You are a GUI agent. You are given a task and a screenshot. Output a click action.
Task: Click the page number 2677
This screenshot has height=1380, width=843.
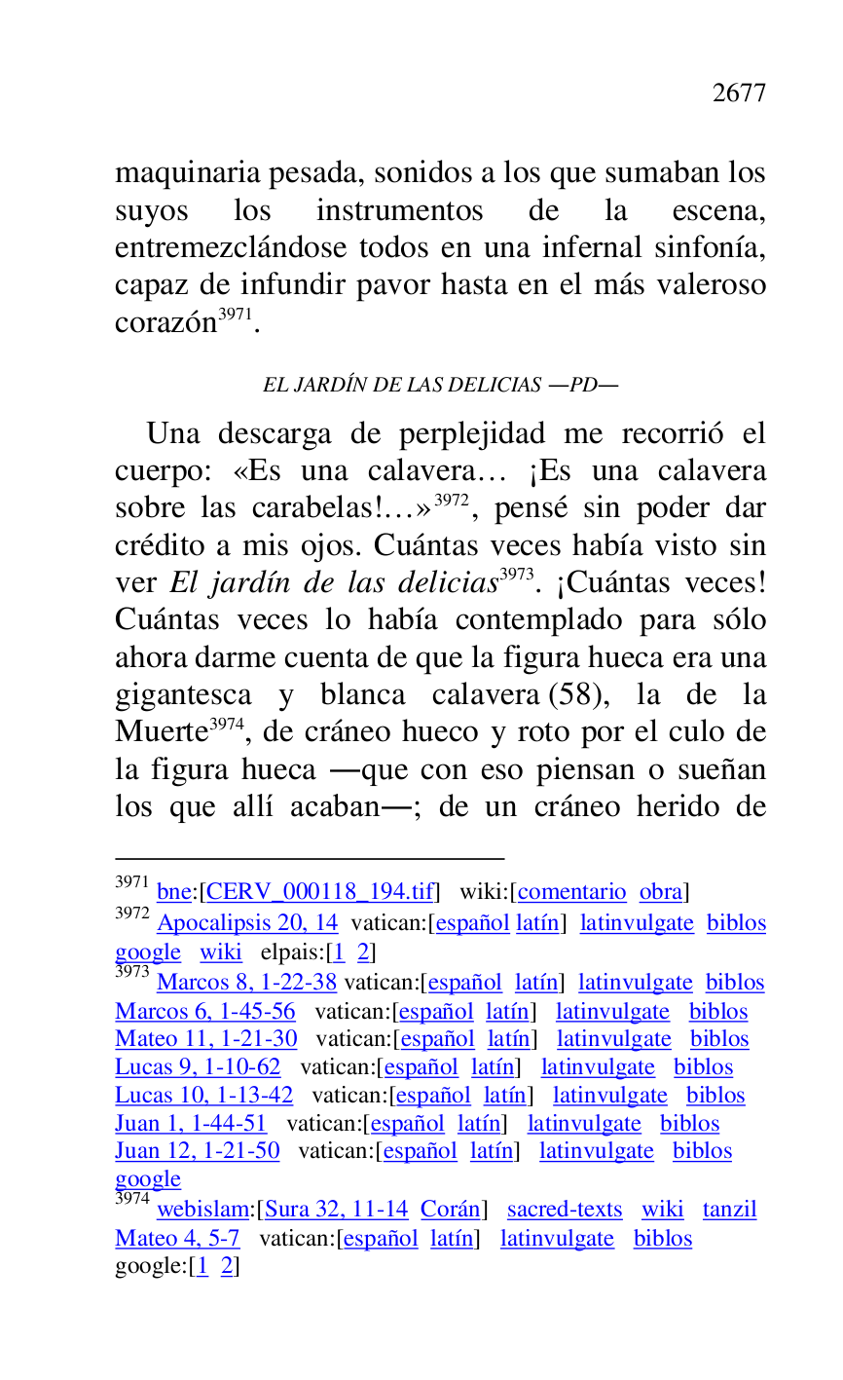pyautogui.click(x=739, y=93)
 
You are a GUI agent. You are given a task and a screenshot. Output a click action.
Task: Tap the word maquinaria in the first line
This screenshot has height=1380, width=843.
pyautogui.click(x=188, y=174)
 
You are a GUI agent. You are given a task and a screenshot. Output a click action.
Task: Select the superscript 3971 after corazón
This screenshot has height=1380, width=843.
pyautogui.click(x=235, y=315)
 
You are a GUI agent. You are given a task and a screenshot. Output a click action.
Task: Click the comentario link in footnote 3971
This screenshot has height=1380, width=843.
pyautogui.click(x=572, y=892)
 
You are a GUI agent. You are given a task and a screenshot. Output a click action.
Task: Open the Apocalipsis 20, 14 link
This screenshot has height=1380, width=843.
pyautogui.click(x=247, y=923)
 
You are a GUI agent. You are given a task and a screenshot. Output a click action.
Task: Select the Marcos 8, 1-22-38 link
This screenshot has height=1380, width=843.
pyautogui.click(x=246, y=983)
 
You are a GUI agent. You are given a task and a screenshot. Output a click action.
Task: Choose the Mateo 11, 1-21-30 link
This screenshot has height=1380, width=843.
pyautogui.click(x=206, y=1039)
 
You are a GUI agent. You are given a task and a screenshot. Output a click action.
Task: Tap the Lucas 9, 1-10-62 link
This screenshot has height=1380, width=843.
pyautogui.click(x=198, y=1067)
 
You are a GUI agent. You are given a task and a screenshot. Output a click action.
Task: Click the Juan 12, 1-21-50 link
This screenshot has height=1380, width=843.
pyautogui.click(x=198, y=1151)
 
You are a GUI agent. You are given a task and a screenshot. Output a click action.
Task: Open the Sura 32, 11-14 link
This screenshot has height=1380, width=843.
pyautogui.click(x=336, y=1210)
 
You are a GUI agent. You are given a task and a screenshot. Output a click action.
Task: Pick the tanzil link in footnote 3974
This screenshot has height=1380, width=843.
pyautogui.click(x=729, y=1210)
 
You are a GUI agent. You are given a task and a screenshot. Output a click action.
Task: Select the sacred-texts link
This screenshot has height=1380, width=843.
pyautogui.click(x=565, y=1210)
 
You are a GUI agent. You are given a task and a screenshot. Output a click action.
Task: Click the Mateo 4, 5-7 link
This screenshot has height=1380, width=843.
pyautogui.click(x=177, y=1239)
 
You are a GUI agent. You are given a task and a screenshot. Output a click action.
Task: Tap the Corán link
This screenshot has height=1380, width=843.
pyautogui.click(x=450, y=1210)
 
